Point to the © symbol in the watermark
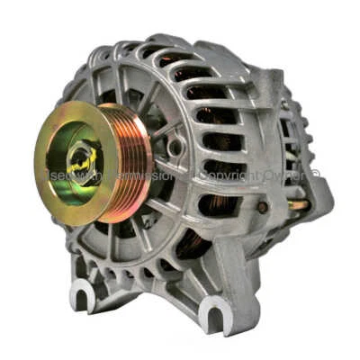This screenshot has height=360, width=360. (x=316, y=173)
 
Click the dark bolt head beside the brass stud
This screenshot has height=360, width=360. (x=262, y=207)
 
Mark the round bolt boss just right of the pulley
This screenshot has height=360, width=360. (x=175, y=147)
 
